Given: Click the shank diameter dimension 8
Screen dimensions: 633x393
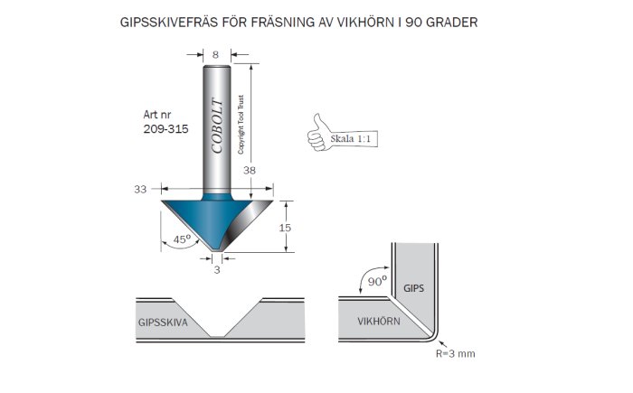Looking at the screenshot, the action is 215,54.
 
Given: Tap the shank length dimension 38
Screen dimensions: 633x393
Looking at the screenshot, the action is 250,170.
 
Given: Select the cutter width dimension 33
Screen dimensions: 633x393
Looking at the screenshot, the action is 140,189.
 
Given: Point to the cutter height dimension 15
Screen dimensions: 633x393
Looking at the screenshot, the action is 285,228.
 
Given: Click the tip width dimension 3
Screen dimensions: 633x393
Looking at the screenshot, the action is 217,269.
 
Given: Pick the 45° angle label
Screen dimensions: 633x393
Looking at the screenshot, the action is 182,239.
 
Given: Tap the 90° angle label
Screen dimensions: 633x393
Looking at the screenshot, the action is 377,281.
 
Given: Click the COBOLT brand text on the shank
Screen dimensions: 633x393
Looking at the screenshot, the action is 217,126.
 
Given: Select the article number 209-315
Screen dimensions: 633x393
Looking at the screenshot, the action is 165,129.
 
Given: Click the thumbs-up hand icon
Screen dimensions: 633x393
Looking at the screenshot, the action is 318,133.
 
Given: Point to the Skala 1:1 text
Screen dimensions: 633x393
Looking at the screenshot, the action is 350,139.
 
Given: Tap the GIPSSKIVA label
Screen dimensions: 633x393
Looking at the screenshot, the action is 163,323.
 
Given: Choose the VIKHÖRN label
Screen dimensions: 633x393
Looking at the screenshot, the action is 379,322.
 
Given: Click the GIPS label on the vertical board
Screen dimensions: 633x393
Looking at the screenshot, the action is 414,288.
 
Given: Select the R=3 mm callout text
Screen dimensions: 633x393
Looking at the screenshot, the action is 456,354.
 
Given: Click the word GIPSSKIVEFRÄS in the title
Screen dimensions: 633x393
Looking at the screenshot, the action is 171,22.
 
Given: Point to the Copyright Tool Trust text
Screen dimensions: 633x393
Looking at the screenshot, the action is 241,125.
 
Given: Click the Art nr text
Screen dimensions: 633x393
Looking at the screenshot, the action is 156,115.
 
